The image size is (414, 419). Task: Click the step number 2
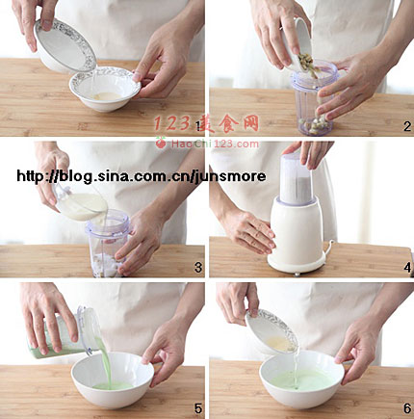[x=407, y=126]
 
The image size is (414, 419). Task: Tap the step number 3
[x=198, y=268]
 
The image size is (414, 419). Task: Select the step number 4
[x=407, y=268]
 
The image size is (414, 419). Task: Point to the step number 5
[x=198, y=408]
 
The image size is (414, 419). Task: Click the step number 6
[x=407, y=408]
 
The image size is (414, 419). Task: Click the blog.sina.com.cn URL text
[x=142, y=176]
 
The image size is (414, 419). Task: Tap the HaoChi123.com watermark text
[x=215, y=144]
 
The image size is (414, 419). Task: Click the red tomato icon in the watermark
[x=161, y=142]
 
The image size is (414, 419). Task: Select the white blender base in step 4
[x=298, y=236]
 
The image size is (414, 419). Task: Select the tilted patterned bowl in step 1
[x=65, y=45]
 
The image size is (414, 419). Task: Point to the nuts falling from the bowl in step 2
[x=309, y=65]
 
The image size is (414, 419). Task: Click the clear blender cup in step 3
[x=108, y=243]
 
